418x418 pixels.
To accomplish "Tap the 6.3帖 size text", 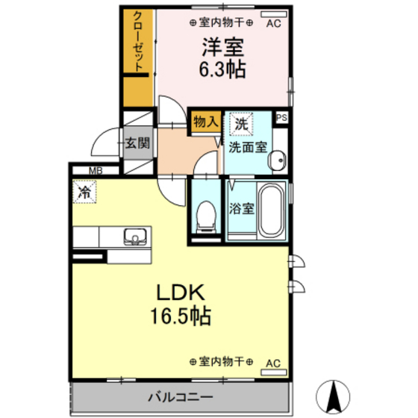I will [x=223, y=71].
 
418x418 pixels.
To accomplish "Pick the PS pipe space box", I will [x=281, y=117].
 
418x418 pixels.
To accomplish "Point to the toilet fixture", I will [x=202, y=216].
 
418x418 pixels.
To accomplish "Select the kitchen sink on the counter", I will [x=135, y=237].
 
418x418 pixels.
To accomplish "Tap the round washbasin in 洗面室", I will [x=278, y=159].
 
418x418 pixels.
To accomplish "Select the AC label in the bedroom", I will [x=273, y=23].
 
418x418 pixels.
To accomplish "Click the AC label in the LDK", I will [x=273, y=363].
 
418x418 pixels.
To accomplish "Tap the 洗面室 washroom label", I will [x=247, y=147].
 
